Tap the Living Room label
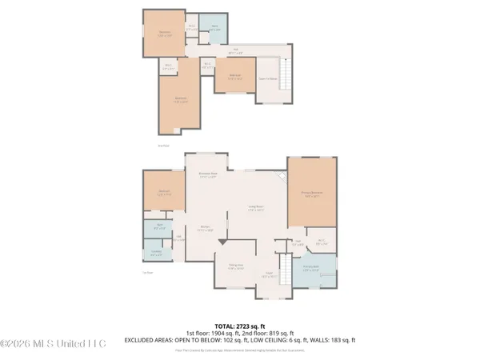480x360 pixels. pyautogui.click(x=256, y=210)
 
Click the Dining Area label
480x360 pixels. pyautogui.click(x=235, y=267)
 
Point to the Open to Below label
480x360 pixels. pyautogui.click(x=266, y=78)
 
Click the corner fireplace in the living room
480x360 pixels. pyautogui.click(x=280, y=177)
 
